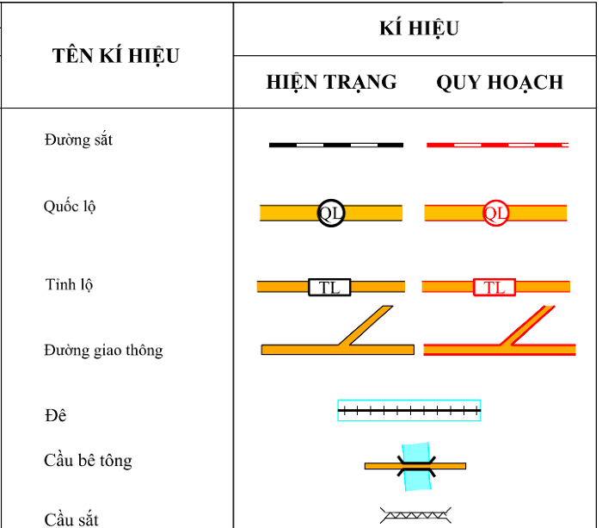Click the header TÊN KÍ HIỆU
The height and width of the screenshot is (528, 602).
(116, 56)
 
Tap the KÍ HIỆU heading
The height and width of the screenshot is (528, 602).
(420, 28)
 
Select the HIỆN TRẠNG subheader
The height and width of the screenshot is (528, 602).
(332, 83)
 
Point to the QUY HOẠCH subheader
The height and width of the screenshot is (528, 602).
(500, 83)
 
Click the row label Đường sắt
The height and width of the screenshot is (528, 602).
(78, 140)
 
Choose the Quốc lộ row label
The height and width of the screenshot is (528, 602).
(70, 207)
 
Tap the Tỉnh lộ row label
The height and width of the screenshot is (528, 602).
(69, 285)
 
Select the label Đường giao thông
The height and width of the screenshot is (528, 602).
(103, 351)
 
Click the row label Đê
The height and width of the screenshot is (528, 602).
(56, 415)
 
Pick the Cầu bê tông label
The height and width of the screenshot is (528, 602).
(88, 461)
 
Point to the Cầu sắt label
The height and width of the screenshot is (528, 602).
(71, 519)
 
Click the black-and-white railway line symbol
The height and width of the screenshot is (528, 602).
(336, 145)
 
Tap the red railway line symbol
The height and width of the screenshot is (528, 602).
(498, 145)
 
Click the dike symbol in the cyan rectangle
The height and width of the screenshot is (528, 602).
(409, 411)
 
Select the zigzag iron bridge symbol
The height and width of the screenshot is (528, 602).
(415, 515)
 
